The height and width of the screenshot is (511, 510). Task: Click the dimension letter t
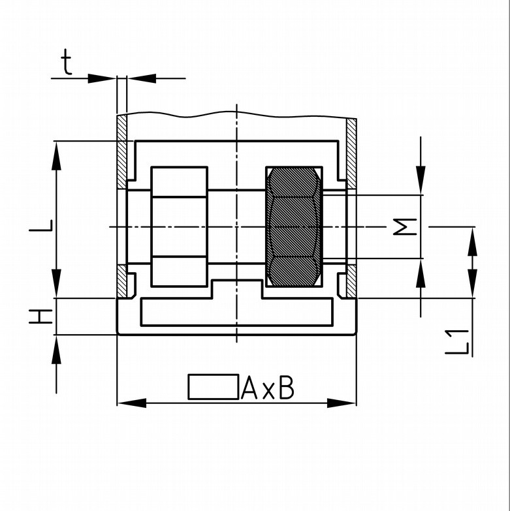[67, 62]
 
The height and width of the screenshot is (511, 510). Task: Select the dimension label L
[40, 226]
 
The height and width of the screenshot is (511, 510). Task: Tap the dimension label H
[40, 317]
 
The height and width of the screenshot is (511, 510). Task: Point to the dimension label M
[405, 226]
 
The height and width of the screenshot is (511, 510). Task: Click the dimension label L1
[457, 342]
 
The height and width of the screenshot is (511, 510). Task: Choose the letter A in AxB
[249, 388]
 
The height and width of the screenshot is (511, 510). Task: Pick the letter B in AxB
[287, 388]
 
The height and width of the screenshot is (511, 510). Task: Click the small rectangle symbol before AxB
[214, 387]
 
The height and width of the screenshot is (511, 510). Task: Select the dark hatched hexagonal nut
[294, 227]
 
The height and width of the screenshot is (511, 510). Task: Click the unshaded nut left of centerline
[179, 227]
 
